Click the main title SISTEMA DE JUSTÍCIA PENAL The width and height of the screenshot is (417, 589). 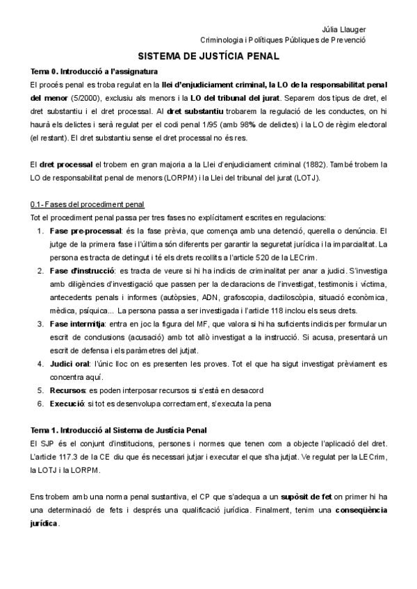pos(208,56)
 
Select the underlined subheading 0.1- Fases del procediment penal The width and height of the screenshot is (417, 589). pos(88,204)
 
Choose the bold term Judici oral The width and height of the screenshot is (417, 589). pos(69,364)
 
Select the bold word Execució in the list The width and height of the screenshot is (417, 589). pos(67,404)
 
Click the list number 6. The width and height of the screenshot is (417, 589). pos(40,404)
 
